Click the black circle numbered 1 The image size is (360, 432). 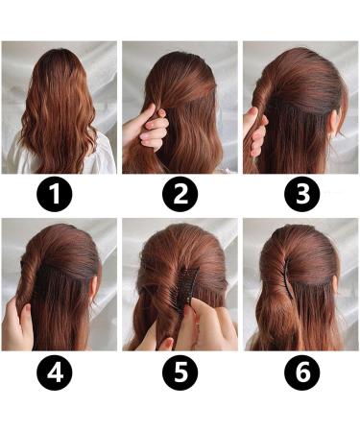60,196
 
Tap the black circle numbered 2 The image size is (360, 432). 180,196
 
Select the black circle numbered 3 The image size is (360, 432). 300,196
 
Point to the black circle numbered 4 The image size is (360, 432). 60,372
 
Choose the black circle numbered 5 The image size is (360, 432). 180,372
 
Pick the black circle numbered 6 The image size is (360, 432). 300,372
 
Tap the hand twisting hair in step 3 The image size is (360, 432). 255,131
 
